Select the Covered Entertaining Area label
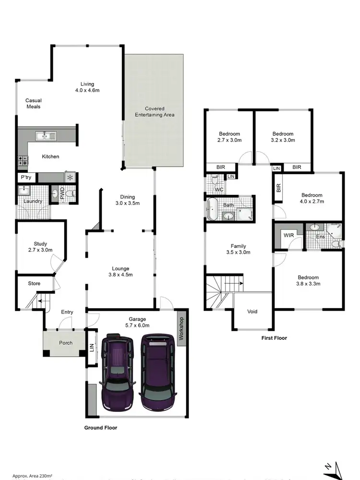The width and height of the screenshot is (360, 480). (154, 112)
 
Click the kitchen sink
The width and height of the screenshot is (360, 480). (47, 136)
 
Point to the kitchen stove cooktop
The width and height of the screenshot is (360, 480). (22, 160)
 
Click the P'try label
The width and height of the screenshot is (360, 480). (25, 178)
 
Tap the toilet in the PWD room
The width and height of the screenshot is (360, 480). (71, 194)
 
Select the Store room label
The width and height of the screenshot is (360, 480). (34, 283)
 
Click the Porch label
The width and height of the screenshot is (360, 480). (66, 343)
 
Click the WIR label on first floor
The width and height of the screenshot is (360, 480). (288, 236)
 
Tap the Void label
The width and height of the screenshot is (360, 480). (252, 312)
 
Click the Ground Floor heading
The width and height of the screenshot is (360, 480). (101, 427)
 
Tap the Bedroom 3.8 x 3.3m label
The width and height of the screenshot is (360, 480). (308, 280)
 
